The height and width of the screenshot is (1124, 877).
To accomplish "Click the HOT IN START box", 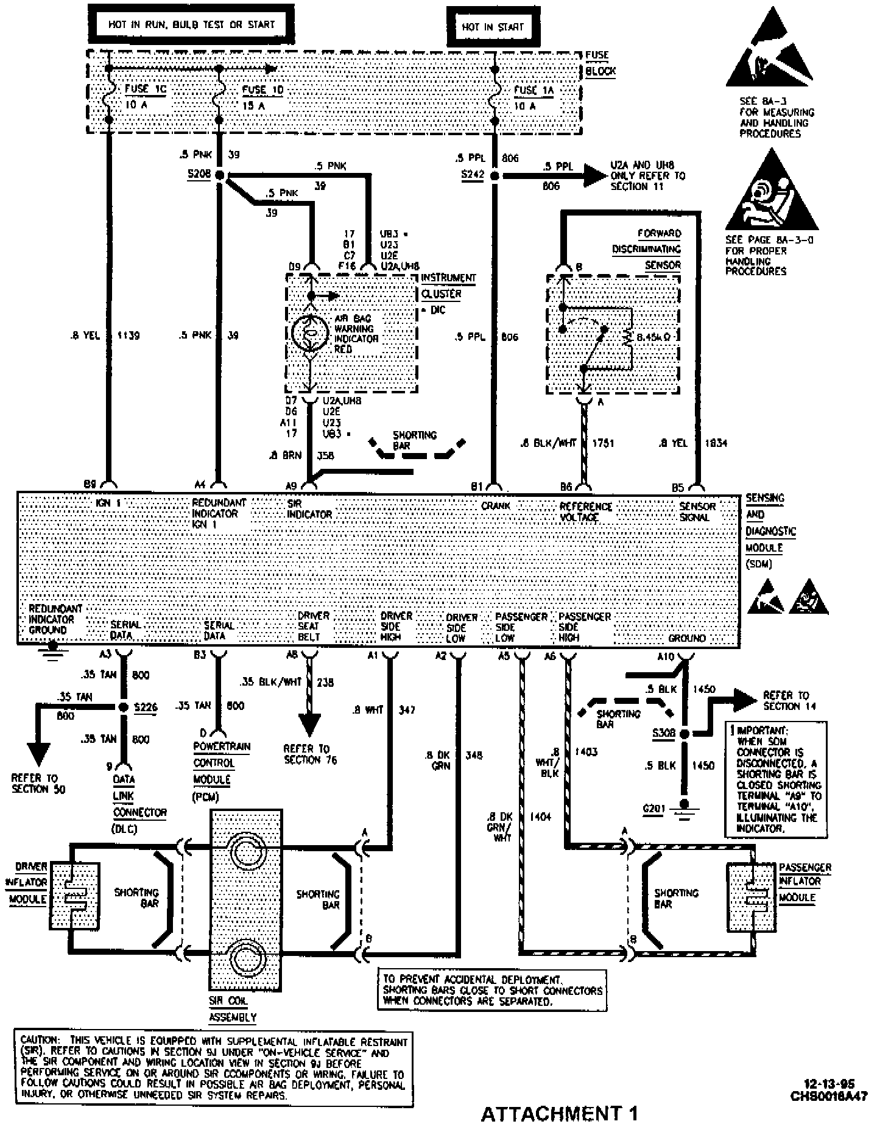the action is click(493, 27).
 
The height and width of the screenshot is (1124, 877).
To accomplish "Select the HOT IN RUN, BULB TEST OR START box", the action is click(191, 25).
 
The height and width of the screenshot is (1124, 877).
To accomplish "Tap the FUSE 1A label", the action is click(534, 90).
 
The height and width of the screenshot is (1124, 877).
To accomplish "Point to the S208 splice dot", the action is click(219, 175).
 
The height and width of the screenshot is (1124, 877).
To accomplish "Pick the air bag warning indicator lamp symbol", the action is click(309, 333).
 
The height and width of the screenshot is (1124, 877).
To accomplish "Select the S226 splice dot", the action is click(124, 707).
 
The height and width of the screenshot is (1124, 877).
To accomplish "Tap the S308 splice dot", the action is click(684, 734).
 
